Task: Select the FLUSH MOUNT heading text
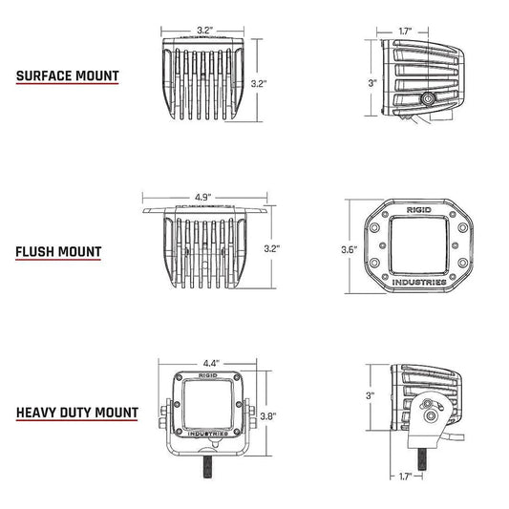(x=58, y=253)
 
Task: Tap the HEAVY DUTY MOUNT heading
(x=76, y=414)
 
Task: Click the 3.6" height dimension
(x=349, y=249)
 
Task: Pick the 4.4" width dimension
(x=211, y=363)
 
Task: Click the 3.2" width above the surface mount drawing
(x=205, y=32)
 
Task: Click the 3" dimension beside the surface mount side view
(x=373, y=83)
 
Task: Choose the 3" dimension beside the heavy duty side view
(x=372, y=394)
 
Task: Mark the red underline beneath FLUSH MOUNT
(x=58, y=265)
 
